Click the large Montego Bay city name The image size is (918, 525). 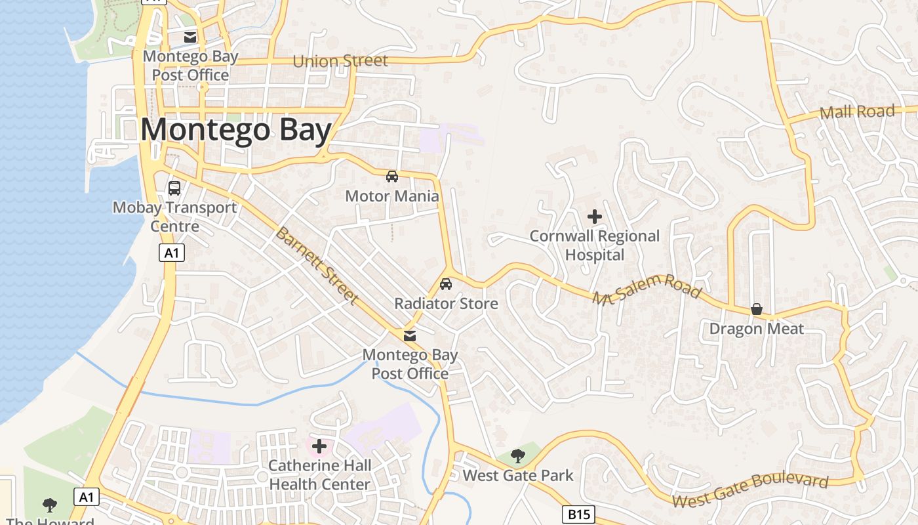pyautogui.click(x=235, y=130)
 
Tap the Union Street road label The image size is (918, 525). pyautogui.click(x=340, y=61)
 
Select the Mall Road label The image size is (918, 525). pyautogui.click(x=857, y=112)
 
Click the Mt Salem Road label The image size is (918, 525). pyautogui.click(x=647, y=289)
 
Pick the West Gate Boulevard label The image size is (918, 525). pyautogui.click(x=750, y=491)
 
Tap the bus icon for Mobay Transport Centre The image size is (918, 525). pyautogui.click(x=174, y=188)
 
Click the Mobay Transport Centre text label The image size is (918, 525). pyautogui.click(x=174, y=217)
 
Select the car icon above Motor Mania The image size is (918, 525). pyautogui.click(x=391, y=176)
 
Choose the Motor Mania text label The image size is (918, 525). pyautogui.click(x=391, y=196)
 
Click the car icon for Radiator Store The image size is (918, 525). pyautogui.click(x=446, y=284)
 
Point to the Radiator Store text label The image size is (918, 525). pyautogui.click(x=446, y=303)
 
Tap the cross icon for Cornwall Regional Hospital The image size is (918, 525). pyautogui.click(x=595, y=217)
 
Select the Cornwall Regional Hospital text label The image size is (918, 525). pyautogui.click(x=595, y=245)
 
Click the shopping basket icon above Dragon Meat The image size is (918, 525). pyautogui.click(x=757, y=309)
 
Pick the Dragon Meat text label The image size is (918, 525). pyautogui.click(x=757, y=329)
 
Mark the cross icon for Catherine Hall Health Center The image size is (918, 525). pyautogui.click(x=319, y=447)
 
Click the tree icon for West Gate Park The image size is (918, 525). pyautogui.click(x=518, y=456)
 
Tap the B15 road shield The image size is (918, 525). pyautogui.click(x=578, y=514)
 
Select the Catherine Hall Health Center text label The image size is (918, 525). pyautogui.click(x=319, y=475)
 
